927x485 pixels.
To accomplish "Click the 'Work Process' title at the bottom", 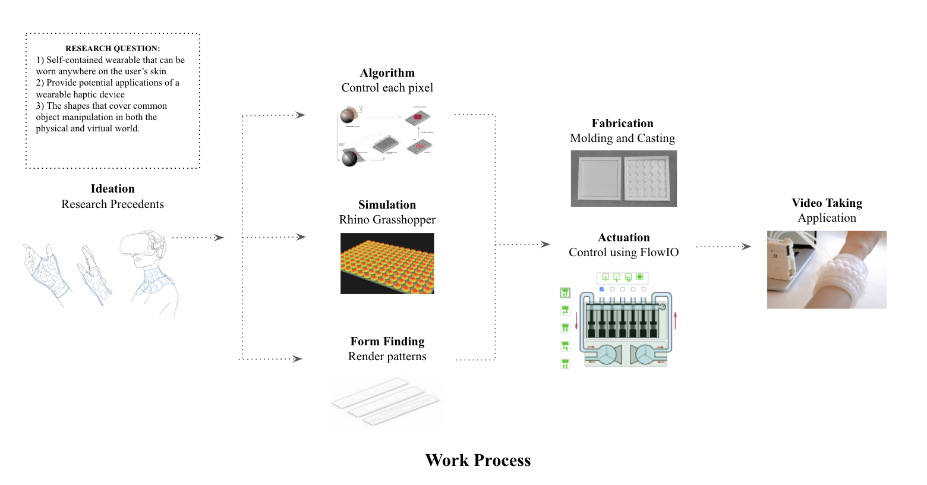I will click(x=478, y=461).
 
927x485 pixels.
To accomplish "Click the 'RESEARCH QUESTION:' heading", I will click(x=112, y=49).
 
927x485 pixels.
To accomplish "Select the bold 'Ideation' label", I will click(x=112, y=189).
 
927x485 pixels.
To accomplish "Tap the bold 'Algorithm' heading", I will click(x=387, y=73).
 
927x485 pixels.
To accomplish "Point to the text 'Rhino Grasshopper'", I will click(x=387, y=220).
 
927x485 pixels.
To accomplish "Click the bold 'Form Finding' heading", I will click(x=387, y=342).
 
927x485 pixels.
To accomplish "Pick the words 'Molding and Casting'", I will click(x=622, y=138).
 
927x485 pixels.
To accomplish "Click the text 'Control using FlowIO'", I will click(x=623, y=253).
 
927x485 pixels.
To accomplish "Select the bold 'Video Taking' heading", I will click(x=827, y=203).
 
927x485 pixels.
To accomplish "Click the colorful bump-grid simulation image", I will click(x=387, y=263).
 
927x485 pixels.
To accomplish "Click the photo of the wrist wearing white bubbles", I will click(x=827, y=270).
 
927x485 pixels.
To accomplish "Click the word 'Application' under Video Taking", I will click(x=827, y=218).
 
